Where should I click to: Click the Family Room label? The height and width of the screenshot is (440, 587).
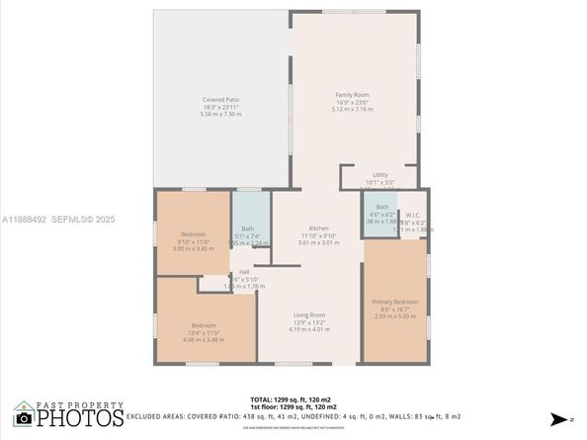[x=352, y=94]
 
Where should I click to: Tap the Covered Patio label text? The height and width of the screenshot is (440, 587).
[x=221, y=100]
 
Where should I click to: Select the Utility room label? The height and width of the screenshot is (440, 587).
[x=379, y=174]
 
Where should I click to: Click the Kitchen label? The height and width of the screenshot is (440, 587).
[x=318, y=227]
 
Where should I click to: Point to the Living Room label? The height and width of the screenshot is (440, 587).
[x=309, y=314]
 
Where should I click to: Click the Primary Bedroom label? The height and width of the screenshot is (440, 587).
[x=394, y=302]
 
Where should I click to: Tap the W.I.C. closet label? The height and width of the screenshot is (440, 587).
[x=414, y=214]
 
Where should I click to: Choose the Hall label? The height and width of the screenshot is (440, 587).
[x=243, y=273]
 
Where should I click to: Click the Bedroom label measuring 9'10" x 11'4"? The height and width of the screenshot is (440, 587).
[x=193, y=233]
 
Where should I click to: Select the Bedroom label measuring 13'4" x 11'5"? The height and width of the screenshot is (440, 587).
[x=205, y=325]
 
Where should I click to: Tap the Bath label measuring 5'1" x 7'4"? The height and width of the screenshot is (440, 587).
[x=247, y=229]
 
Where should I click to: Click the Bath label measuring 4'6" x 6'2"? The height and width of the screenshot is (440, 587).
[x=382, y=207]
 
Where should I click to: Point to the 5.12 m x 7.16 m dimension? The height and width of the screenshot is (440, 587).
[x=352, y=109]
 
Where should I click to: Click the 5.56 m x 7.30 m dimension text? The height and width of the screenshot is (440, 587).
[x=221, y=115]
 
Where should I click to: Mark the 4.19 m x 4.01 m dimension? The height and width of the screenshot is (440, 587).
[x=309, y=329]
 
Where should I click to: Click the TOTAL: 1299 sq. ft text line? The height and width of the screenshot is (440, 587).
[x=292, y=399]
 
